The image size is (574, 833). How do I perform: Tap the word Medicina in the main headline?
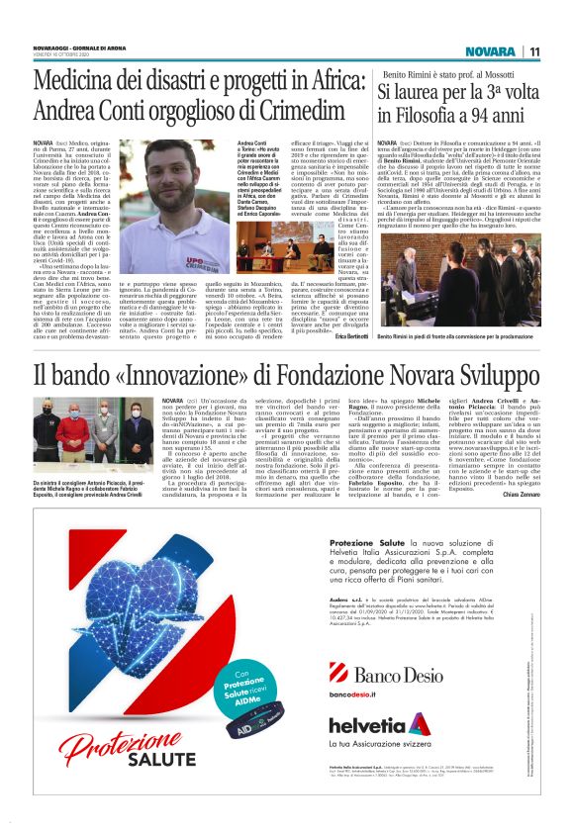pyautogui.click(x=83, y=82)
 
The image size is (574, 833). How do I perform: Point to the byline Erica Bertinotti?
pyautogui.click(x=343, y=337)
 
